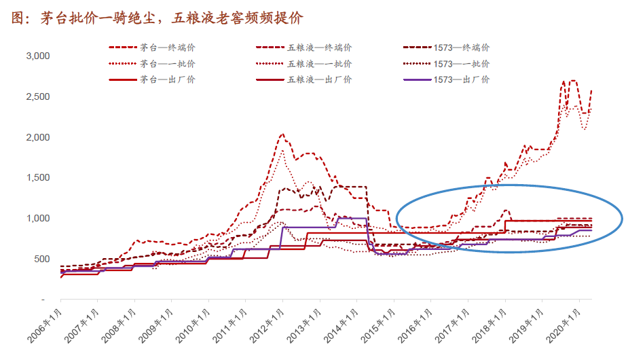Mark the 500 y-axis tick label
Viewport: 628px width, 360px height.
43,259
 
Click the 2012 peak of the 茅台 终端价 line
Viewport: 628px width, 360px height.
282,134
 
